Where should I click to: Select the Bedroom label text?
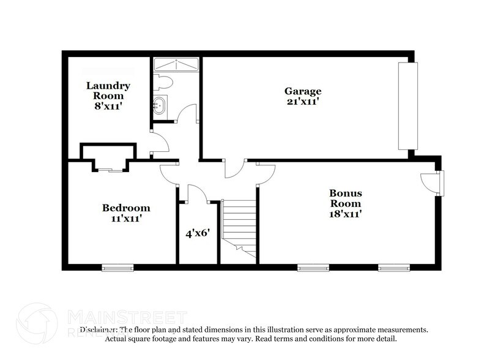tap(126, 208)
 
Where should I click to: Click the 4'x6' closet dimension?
tap(198, 233)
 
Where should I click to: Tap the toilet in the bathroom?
tap(164, 81)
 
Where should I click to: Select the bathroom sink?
tap(159, 105)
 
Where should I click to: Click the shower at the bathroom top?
tap(176, 64)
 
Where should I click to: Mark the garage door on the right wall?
tap(406, 105)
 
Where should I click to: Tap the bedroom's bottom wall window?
tap(117, 267)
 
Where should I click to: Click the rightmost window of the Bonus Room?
tap(393, 267)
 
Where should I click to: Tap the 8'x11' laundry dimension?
tap(108, 106)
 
